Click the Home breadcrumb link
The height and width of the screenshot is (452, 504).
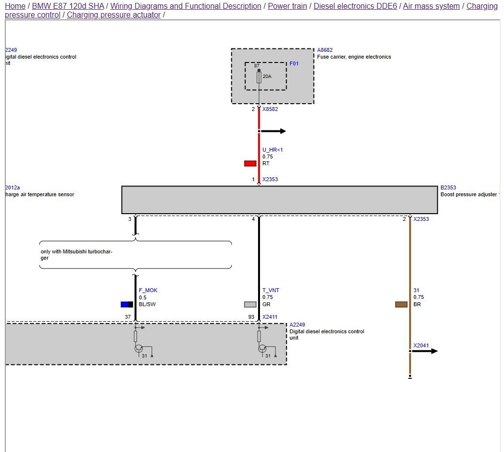[x=15, y=6]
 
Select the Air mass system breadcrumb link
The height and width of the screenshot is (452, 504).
[x=431, y=6]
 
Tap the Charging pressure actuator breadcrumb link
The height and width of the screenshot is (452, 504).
[x=113, y=15]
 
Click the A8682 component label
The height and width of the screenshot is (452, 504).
[x=325, y=50]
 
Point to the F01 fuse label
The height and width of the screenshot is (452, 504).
[x=294, y=63]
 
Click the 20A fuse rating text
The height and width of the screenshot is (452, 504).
[x=267, y=77]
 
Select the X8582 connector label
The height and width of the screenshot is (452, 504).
[x=270, y=109]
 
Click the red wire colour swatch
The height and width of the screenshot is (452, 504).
[x=250, y=163]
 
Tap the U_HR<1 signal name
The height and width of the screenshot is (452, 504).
[x=273, y=150]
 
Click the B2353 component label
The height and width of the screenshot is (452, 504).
[x=448, y=187]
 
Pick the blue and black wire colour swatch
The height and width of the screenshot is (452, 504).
[x=127, y=304]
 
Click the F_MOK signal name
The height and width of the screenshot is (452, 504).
[x=148, y=290]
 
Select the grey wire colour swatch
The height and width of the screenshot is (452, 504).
[x=250, y=304]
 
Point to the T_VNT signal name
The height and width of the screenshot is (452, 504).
[x=271, y=290]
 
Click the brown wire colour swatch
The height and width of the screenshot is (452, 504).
[x=401, y=304]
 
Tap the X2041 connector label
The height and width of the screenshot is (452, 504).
[x=421, y=346]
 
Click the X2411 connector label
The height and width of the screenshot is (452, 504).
[x=270, y=317]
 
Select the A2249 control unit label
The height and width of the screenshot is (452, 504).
[x=297, y=325]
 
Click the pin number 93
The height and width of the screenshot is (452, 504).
[x=251, y=317]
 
